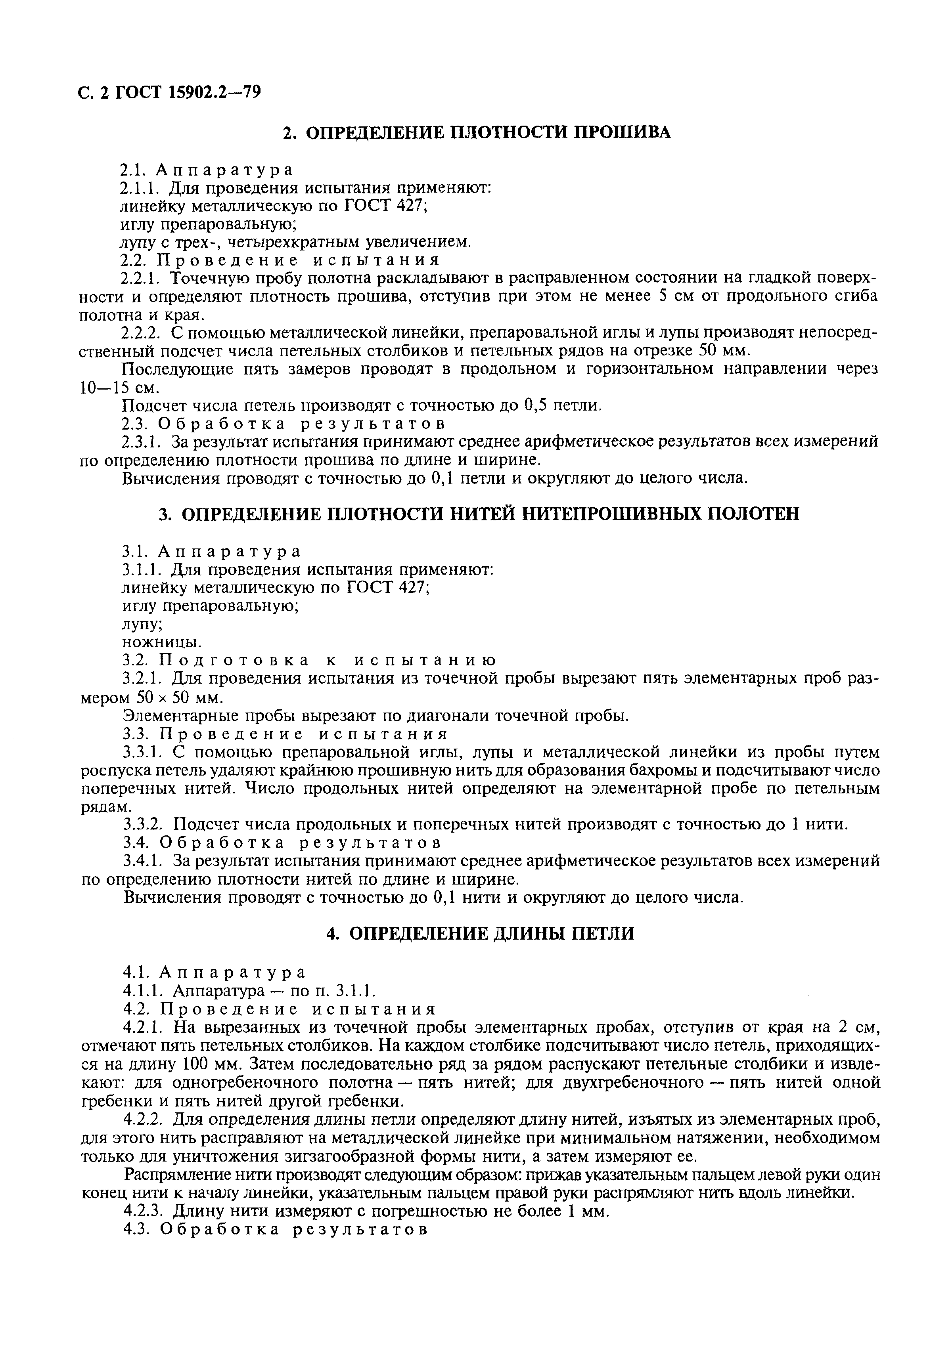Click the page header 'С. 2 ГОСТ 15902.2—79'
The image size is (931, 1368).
pyautogui.click(x=170, y=92)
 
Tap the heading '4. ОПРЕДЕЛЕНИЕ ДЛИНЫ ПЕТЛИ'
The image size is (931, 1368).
pyautogui.click(x=480, y=934)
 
